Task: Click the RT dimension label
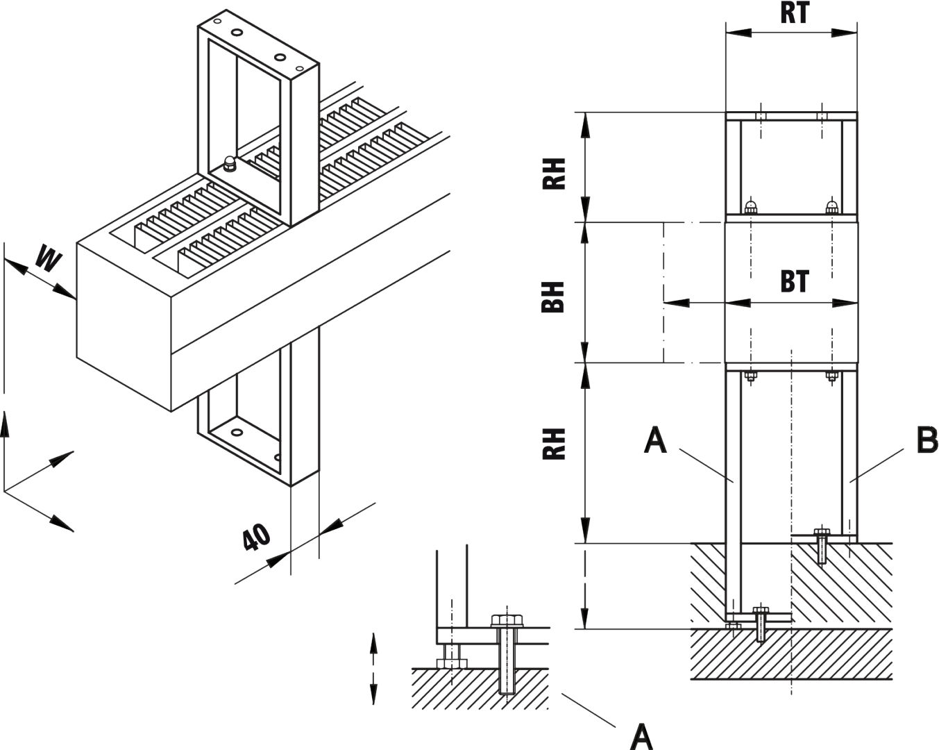coord(794,12)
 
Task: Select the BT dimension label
coord(794,282)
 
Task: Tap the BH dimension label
coord(553,297)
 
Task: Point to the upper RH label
coord(553,173)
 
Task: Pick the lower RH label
coord(553,444)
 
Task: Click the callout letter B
coord(927,440)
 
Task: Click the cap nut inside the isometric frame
coord(230,164)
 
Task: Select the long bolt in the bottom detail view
coord(507,653)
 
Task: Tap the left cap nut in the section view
coord(750,206)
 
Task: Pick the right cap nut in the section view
coord(832,206)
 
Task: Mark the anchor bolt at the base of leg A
coord(761,624)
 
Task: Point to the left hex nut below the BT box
coord(750,377)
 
